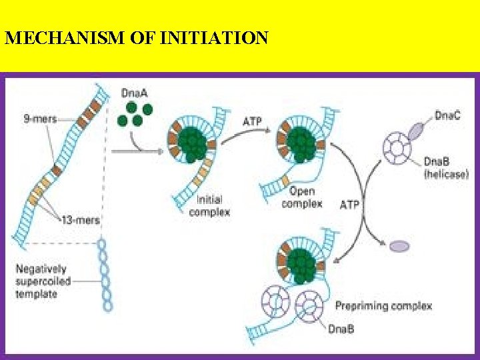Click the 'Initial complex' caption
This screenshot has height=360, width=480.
pyautogui.click(x=213, y=205)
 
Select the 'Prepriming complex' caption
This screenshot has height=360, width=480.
pyautogui.click(x=383, y=306)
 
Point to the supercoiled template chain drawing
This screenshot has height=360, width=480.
pyautogui.click(x=105, y=273)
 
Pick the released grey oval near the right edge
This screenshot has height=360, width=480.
pyautogui.click(x=399, y=246)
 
